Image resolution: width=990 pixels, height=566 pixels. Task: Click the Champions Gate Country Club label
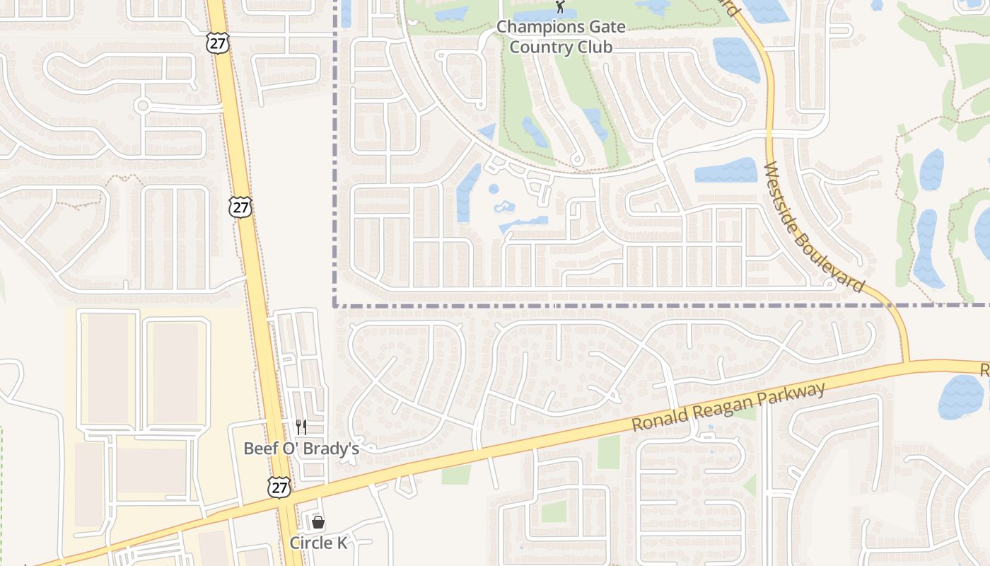coord(561,37)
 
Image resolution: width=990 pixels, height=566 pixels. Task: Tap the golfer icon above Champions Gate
coord(561,7)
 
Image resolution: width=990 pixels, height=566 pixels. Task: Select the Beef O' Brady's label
coord(301,449)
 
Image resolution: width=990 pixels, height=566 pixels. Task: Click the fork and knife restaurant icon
coord(301,427)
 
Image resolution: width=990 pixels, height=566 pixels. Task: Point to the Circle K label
coord(318,543)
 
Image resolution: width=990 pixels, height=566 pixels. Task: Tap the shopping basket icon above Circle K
coord(318,522)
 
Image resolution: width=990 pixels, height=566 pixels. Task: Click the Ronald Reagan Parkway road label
coord(729,408)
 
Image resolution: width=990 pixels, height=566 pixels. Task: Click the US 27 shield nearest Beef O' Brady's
coord(279,487)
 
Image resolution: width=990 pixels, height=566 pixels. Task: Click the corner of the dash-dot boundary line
coord(334,306)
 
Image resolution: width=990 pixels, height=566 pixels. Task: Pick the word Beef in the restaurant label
coord(258,449)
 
